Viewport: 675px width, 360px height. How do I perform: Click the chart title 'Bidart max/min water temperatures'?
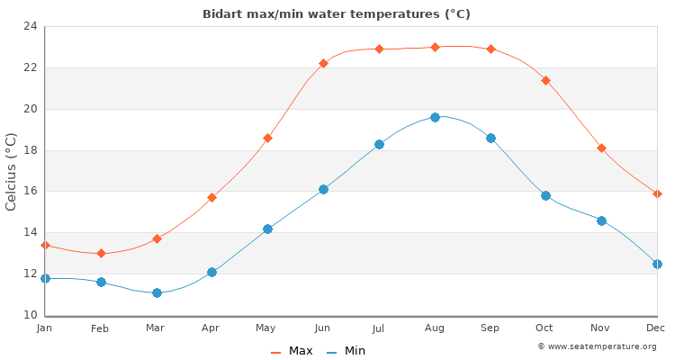tap(337, 14)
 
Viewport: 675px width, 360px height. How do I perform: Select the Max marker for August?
tap(435, 47)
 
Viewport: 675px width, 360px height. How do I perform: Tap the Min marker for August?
tap(435, 117)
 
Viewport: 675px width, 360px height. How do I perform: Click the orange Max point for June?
tap(323, 63)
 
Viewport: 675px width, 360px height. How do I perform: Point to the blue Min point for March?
tap(157, 292)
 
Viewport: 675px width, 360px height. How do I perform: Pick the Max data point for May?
tap(267, 138)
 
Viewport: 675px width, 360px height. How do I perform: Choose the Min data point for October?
tap(545, 195)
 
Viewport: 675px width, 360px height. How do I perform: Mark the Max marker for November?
tap(601, 148)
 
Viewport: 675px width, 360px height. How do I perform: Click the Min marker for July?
tap(379, 144)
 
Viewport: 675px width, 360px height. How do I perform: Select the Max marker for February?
tap(101, 253)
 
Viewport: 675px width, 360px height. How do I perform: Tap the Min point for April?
tap(211, 272)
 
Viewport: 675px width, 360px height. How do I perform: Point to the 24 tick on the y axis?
tap(30, 26)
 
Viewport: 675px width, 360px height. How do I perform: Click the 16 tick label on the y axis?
tap(30, 191)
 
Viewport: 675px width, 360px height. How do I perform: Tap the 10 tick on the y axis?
tap(30, 315)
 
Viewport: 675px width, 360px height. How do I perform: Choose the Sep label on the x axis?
tap(490, 328)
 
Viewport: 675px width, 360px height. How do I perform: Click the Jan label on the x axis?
tap(45, 328)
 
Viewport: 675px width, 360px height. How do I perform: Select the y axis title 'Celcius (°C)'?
tap(12, 171)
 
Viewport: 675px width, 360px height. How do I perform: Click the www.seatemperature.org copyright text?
tap(597, 346)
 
